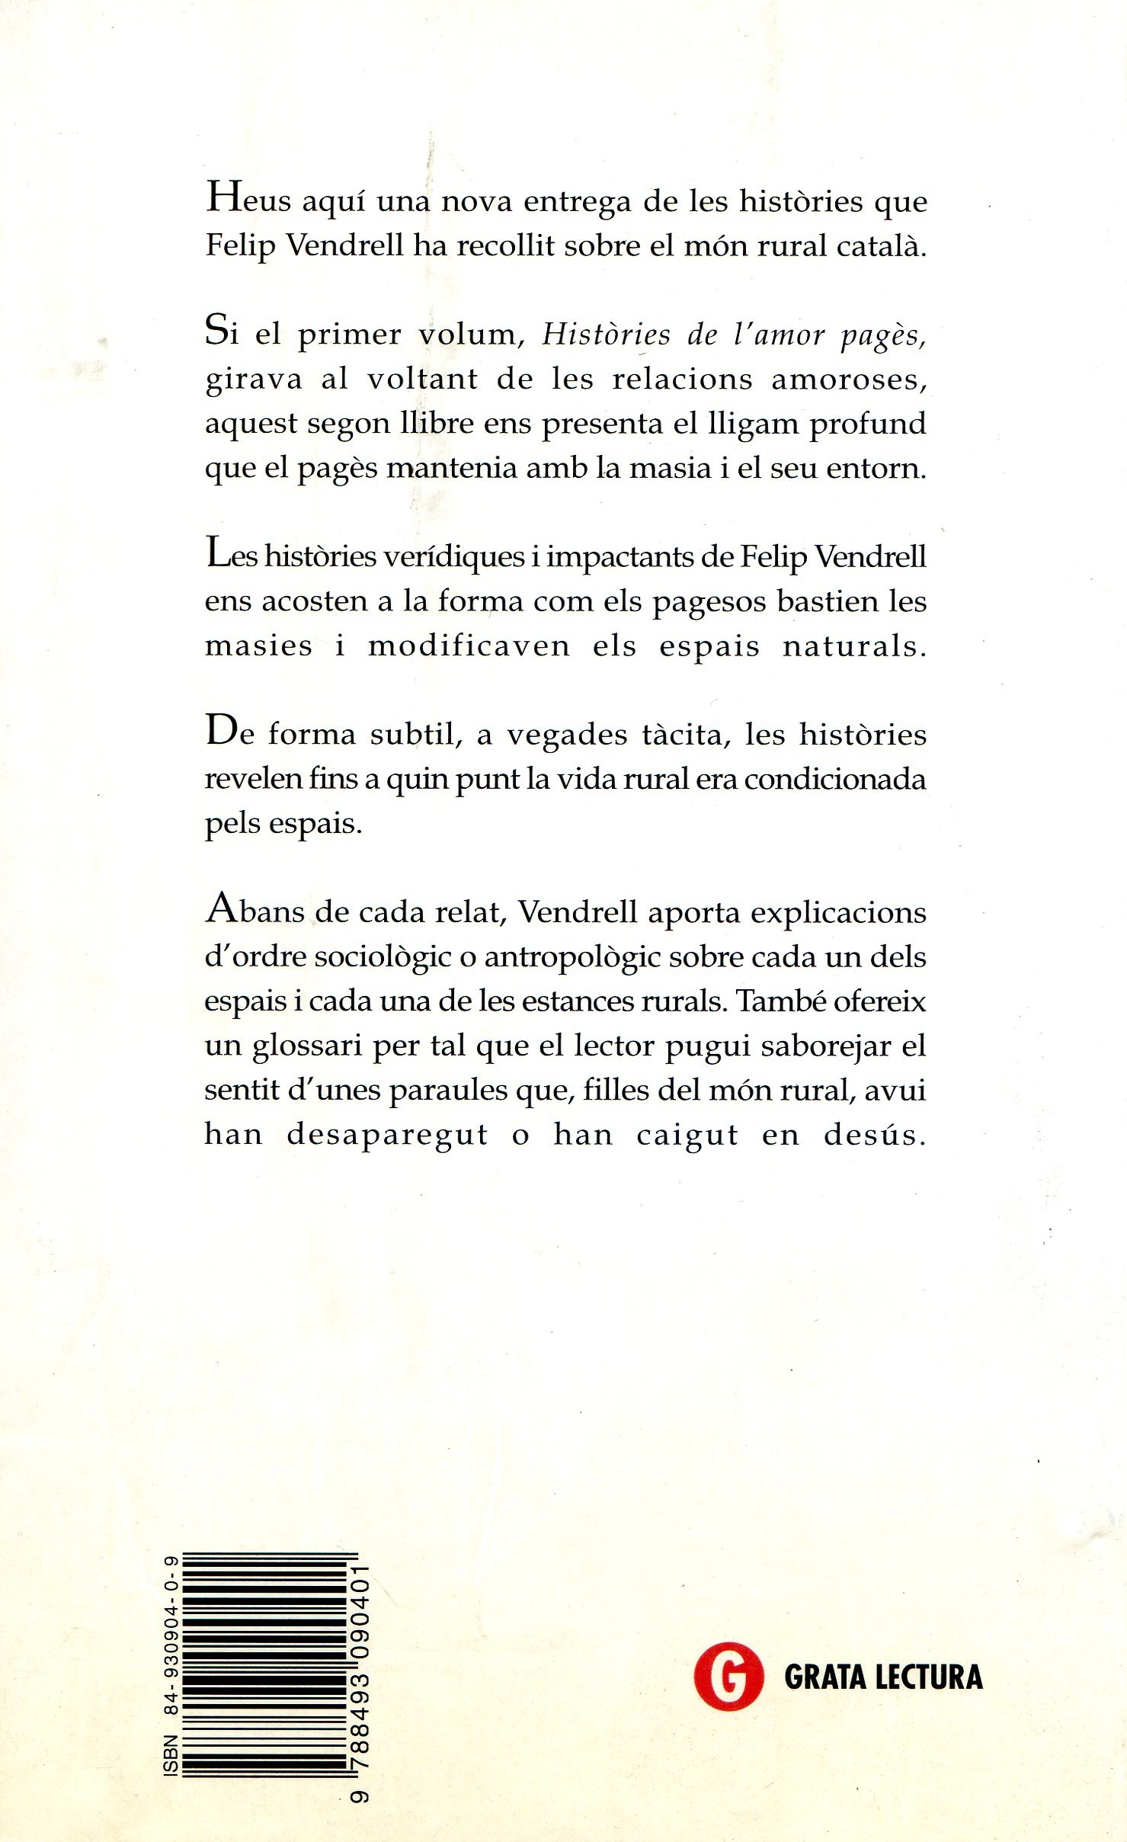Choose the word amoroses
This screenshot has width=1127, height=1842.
(x=849, y=379)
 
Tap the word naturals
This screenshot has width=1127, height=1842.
(x=854, y=646)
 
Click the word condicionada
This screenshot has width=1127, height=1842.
(x=834, y=779)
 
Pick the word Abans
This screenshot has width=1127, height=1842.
(x=255, y=912)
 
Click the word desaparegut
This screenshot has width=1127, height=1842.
(x=387, y=1136)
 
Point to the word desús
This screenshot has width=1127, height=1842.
(x=874, y=1135)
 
